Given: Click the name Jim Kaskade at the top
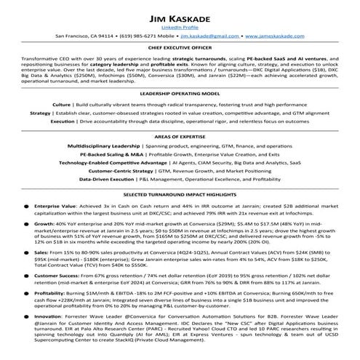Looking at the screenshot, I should (x=180, y=14).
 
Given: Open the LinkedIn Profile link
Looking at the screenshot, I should (x=180, y=25).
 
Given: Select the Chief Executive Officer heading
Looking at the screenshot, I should (x=180, y=50).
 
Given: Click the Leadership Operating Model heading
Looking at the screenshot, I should (x=180, y=94).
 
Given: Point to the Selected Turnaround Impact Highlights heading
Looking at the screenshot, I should (x=180, y=196).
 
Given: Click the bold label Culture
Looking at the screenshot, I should (x=62, y=105).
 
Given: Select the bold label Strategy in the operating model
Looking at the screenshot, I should (x=40, y=113).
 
